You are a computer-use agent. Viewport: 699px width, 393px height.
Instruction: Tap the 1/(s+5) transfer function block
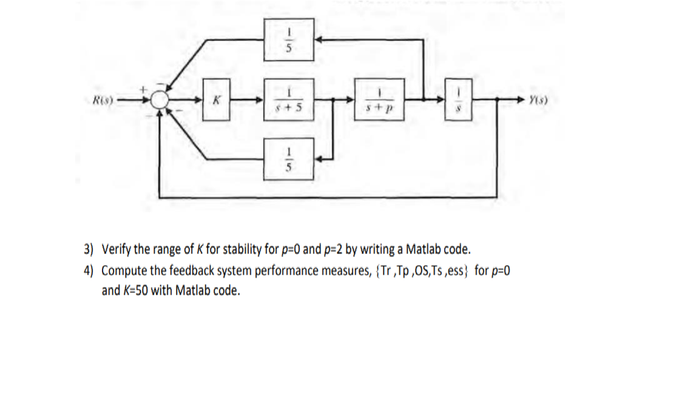[x=289, y=99]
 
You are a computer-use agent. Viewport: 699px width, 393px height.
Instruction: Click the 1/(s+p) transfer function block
[x=379, y=99]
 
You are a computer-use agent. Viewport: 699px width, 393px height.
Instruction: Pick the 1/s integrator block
[x=459, y=99]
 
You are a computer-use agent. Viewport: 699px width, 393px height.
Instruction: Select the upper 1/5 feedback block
[x=289, y=39]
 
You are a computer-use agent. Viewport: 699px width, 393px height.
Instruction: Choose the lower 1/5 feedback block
[x=289, y=159]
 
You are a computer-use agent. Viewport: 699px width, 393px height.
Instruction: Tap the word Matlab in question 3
[x=423, y=249]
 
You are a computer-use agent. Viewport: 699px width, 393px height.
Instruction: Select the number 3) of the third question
[x=89, y=249]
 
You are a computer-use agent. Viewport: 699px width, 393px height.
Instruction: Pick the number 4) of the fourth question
[x=89, y=270]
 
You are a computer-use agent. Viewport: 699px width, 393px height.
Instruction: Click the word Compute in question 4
[x=123, y=270]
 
